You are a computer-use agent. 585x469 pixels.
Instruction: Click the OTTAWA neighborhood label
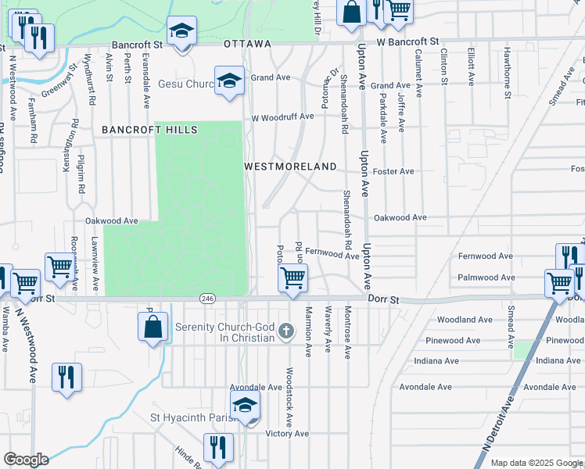click(x=247, y=44)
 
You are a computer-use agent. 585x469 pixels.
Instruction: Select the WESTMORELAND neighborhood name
click(x=290, y=166)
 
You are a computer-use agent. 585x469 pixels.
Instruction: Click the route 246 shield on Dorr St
click(x=207, y=299)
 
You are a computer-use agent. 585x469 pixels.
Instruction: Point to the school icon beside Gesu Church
click(x=230, y=81)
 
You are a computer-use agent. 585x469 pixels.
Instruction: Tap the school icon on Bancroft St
click(x=181, y=32)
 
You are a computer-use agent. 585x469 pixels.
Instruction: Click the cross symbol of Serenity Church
click(x=286, y=331)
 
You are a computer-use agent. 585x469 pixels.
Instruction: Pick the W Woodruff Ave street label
click(x=282, y=117)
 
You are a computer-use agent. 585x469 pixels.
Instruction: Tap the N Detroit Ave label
click(x=491, y=432)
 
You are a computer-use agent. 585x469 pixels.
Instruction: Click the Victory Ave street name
click(x=288, y=433)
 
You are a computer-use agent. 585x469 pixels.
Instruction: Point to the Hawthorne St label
click(x=508, y=81)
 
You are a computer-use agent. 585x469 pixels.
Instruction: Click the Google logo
click(x=26, y=460)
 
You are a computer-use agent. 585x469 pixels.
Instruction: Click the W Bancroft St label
click(x=407, y=41)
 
